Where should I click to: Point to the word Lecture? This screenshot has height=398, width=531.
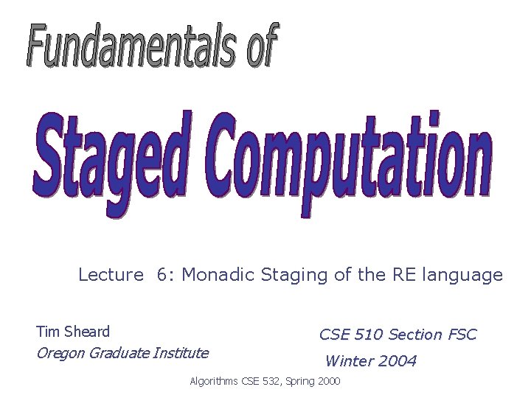point(111,275)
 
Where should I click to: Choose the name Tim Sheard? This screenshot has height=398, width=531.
point(73,332)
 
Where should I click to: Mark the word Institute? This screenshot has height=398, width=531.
point(179,353)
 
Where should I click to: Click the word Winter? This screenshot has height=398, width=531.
point(350,361)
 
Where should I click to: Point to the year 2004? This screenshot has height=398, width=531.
point(398,361)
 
